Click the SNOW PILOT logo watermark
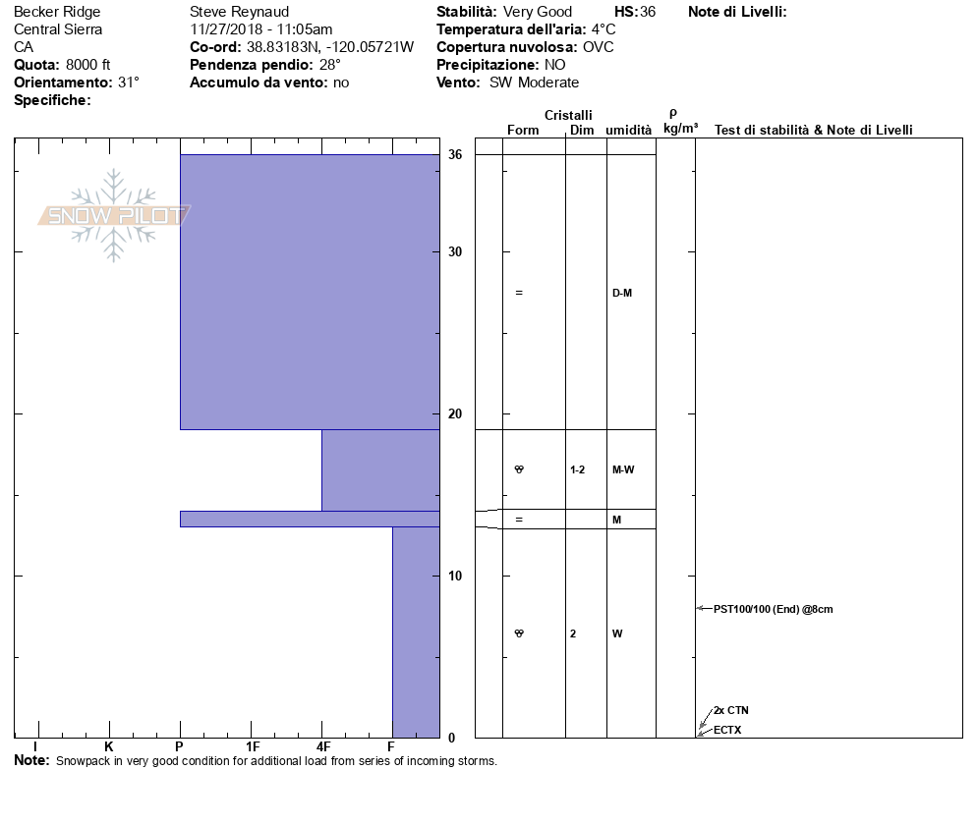(114, 215)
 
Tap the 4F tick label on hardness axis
(322, 747)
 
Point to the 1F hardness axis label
(252, 747)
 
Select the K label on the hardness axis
(109, 747)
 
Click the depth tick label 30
(455, 252)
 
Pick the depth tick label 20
(455, 413)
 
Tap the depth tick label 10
(455, 576)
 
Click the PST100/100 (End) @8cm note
(773, 609)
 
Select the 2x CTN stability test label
(731, 710)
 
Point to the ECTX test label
(727, 730)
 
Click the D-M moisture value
(621, 293)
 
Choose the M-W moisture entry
(623, 469)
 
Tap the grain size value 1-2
(577, 469)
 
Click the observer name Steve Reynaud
(239, 12)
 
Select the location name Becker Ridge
(57, 12)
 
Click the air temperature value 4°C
(603, 29)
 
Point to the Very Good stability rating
(537, 12)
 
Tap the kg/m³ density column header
(680, 129)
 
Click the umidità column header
(629, 131)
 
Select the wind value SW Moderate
(534, 82)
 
